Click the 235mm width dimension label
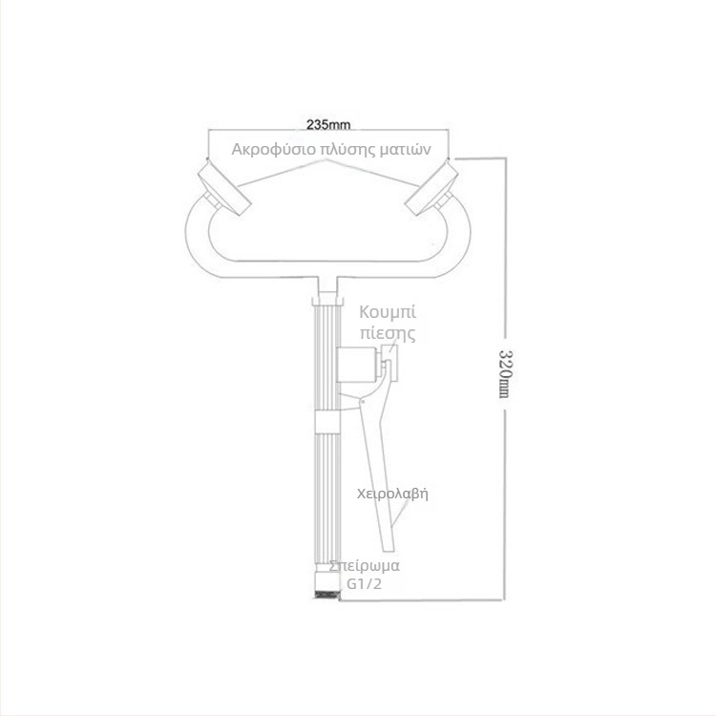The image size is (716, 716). click(x=327, y=124)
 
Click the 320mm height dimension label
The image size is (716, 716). click(x=504, y=373)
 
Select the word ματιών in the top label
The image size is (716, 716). click(x=406, y=150)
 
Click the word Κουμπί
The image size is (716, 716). click(x=388, y=313)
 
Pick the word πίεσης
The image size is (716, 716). click(x=388, y=333)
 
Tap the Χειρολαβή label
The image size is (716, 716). click(x=392, y=495)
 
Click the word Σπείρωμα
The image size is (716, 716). click(x=365, y=566)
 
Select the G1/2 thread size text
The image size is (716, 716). click(x=364, y=584)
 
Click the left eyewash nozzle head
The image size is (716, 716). click(x=223, y=190)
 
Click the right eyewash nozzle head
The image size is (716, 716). click(x=432, y=189)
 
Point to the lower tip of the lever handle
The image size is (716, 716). click(x=389, y=549)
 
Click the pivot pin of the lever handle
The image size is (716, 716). click(x=363, y=402)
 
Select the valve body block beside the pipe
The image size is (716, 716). click(x=356, y=365)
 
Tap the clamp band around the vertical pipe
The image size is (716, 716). click(x=327, y=421)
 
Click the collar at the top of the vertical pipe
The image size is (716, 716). click(x=326, y=302)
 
